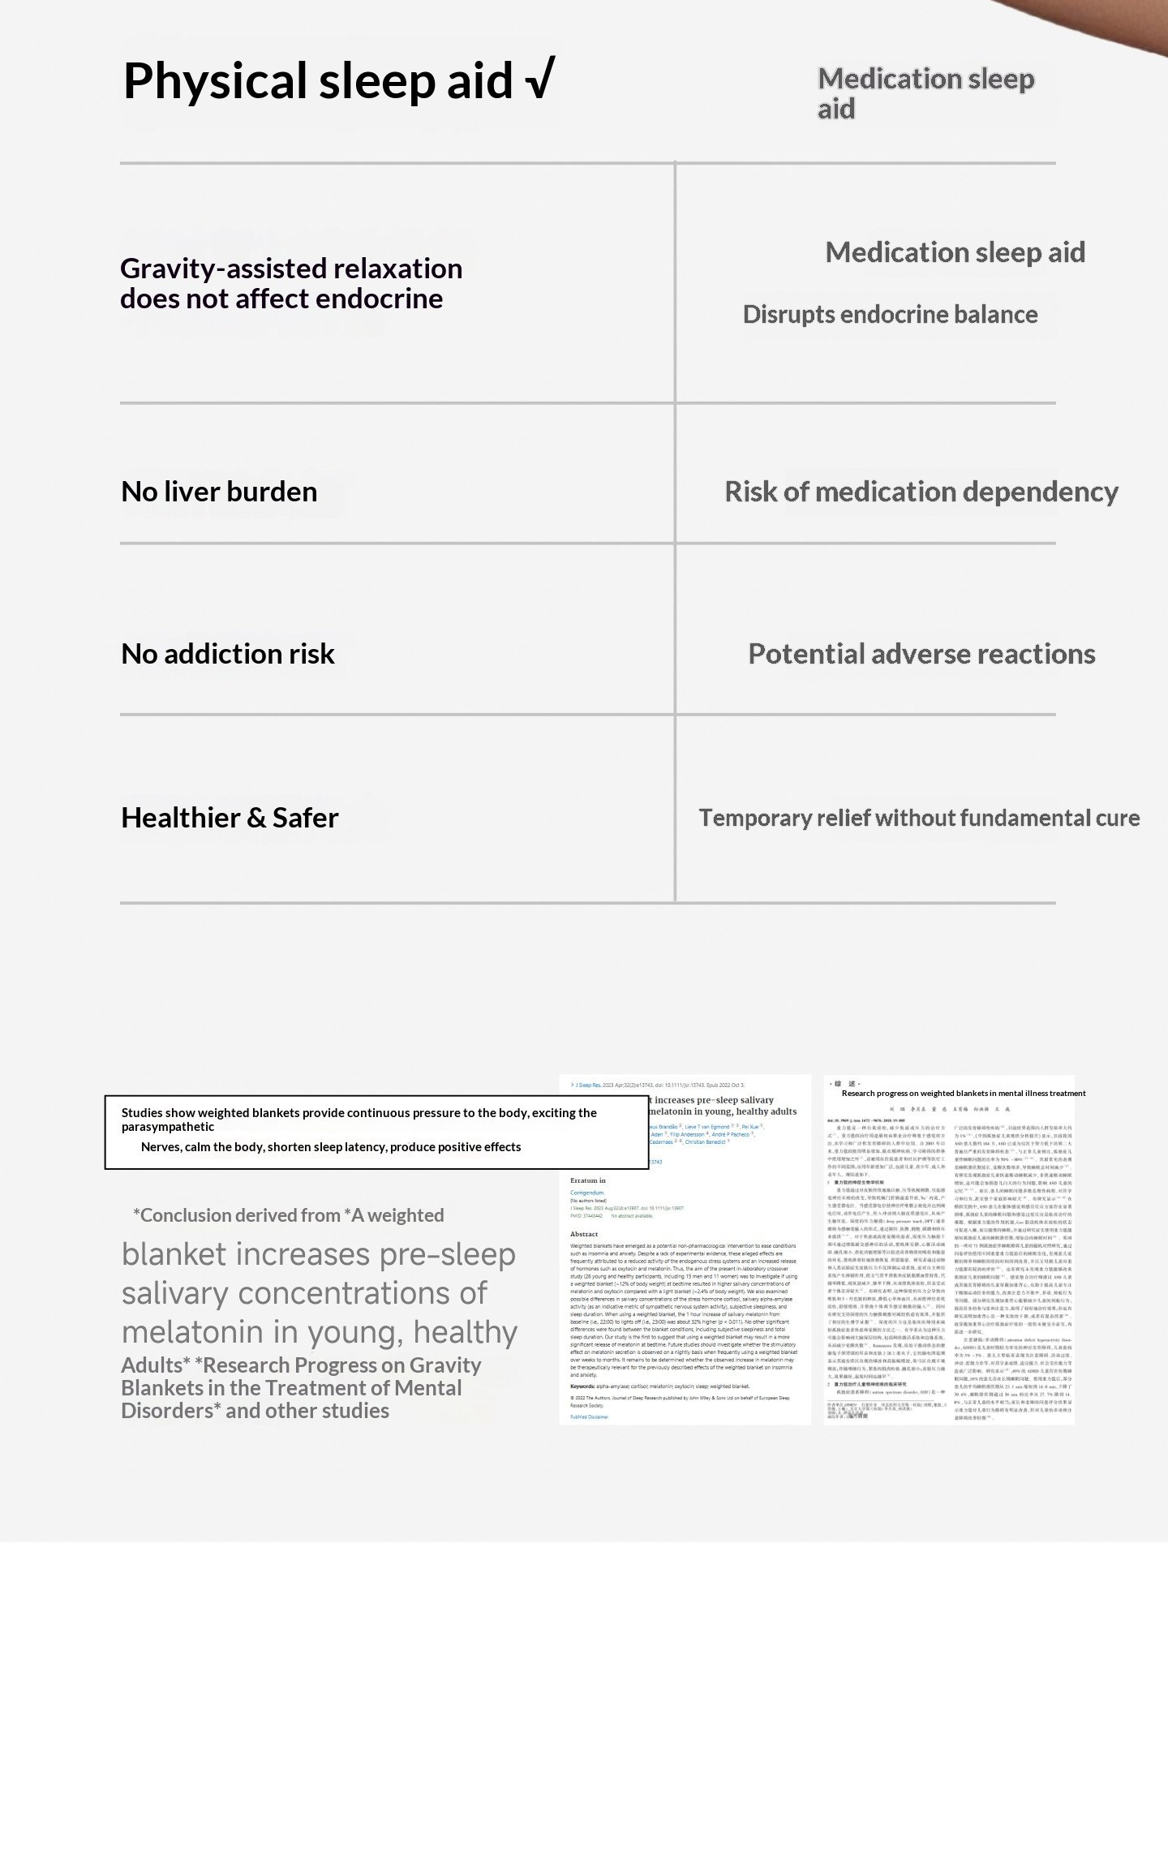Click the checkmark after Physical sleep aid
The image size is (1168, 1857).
[x=539, y=80]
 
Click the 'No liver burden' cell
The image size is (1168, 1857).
[x=219, y=492]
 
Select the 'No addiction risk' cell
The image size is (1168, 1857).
[x=227, y=654]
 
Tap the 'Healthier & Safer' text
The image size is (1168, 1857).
[x=230, y=818]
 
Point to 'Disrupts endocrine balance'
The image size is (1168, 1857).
[x=890, y=315]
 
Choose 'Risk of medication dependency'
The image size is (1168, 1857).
[x=921, y=492]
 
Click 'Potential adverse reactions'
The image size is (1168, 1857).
[x=921, y=654]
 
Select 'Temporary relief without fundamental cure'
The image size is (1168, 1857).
[x=919, y=818]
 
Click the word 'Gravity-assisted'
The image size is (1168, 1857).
[x=222, y=269]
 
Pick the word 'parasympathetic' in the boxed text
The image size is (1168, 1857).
[x=168, y=1127]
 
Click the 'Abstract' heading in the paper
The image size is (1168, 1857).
[x=584, y=1234]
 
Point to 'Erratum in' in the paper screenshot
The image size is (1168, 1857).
[x=588, y=1180]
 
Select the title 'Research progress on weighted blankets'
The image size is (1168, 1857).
[x=963, y=1094]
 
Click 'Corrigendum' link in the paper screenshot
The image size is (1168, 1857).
[x=587, y=1193]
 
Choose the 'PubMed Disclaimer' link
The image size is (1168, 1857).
[x=589, y=1416]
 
